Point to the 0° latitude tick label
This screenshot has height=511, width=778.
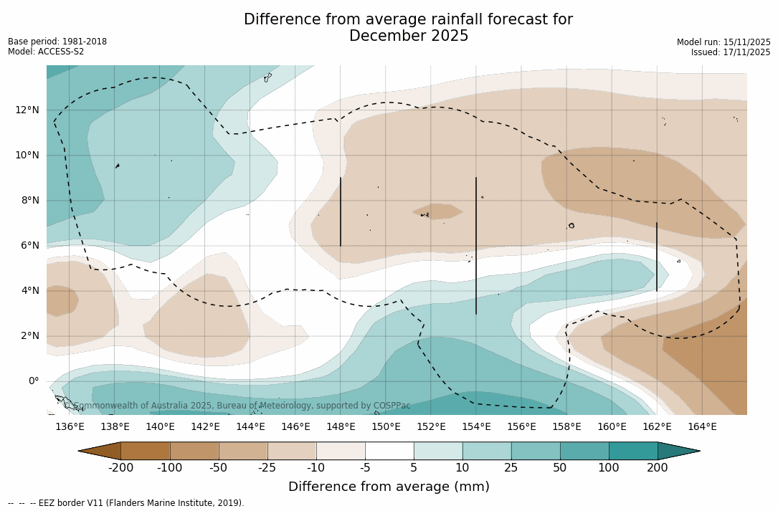pos(33,381)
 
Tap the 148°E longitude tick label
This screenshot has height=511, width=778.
pos(341,426)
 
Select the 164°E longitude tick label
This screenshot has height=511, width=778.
pos(702,426)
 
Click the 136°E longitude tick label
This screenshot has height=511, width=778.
pos(70,426)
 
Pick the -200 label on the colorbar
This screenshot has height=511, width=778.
pos(120,468)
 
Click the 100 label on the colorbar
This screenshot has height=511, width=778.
pos(609,468)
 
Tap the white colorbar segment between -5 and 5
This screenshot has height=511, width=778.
pos(389,451)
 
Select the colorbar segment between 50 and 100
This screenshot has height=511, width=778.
pos(584,451)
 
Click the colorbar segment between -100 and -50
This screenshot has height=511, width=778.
pos(194,451)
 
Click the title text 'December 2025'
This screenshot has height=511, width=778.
pos(409,36)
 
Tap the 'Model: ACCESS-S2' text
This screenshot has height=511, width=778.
pos(46,52)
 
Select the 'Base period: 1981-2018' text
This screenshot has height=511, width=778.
pos(57,42)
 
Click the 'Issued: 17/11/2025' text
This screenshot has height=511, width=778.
pos(731,52)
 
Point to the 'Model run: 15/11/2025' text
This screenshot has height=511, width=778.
pos(724,42)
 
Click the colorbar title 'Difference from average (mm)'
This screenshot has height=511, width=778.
pos(389,487)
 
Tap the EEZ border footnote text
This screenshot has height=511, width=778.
pos(125,503)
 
